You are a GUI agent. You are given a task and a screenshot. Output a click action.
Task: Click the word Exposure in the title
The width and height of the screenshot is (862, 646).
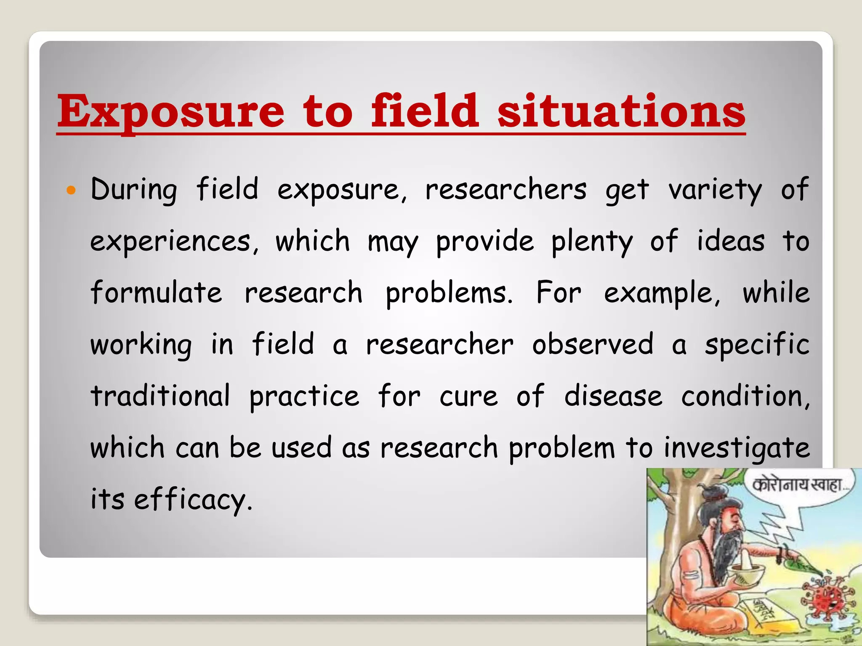(x=170, y=111)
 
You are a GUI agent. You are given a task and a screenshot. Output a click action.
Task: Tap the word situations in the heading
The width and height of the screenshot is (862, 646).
(x=621, y=111)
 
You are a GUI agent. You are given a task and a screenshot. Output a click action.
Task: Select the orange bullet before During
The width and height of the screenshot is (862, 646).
(x=71, y=191)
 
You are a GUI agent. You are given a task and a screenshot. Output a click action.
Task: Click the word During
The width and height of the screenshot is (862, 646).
(x=133, y=190)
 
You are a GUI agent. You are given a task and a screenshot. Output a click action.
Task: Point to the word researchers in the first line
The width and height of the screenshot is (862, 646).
(x=505, y=190)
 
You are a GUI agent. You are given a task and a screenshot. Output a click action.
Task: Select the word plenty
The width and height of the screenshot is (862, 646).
(x=591, y=242)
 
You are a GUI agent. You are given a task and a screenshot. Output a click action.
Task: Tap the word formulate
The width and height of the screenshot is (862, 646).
(x=156, y=293)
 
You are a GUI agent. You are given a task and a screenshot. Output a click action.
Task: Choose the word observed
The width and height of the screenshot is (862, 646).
(x=593, y=345)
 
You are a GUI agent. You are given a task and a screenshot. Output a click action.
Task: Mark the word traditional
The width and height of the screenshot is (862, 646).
(x=160, y=396)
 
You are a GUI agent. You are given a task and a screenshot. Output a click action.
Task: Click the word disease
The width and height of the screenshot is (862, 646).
(x=613, y=396)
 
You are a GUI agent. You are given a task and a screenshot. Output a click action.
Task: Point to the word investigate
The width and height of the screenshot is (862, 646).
(x=737, y=448)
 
